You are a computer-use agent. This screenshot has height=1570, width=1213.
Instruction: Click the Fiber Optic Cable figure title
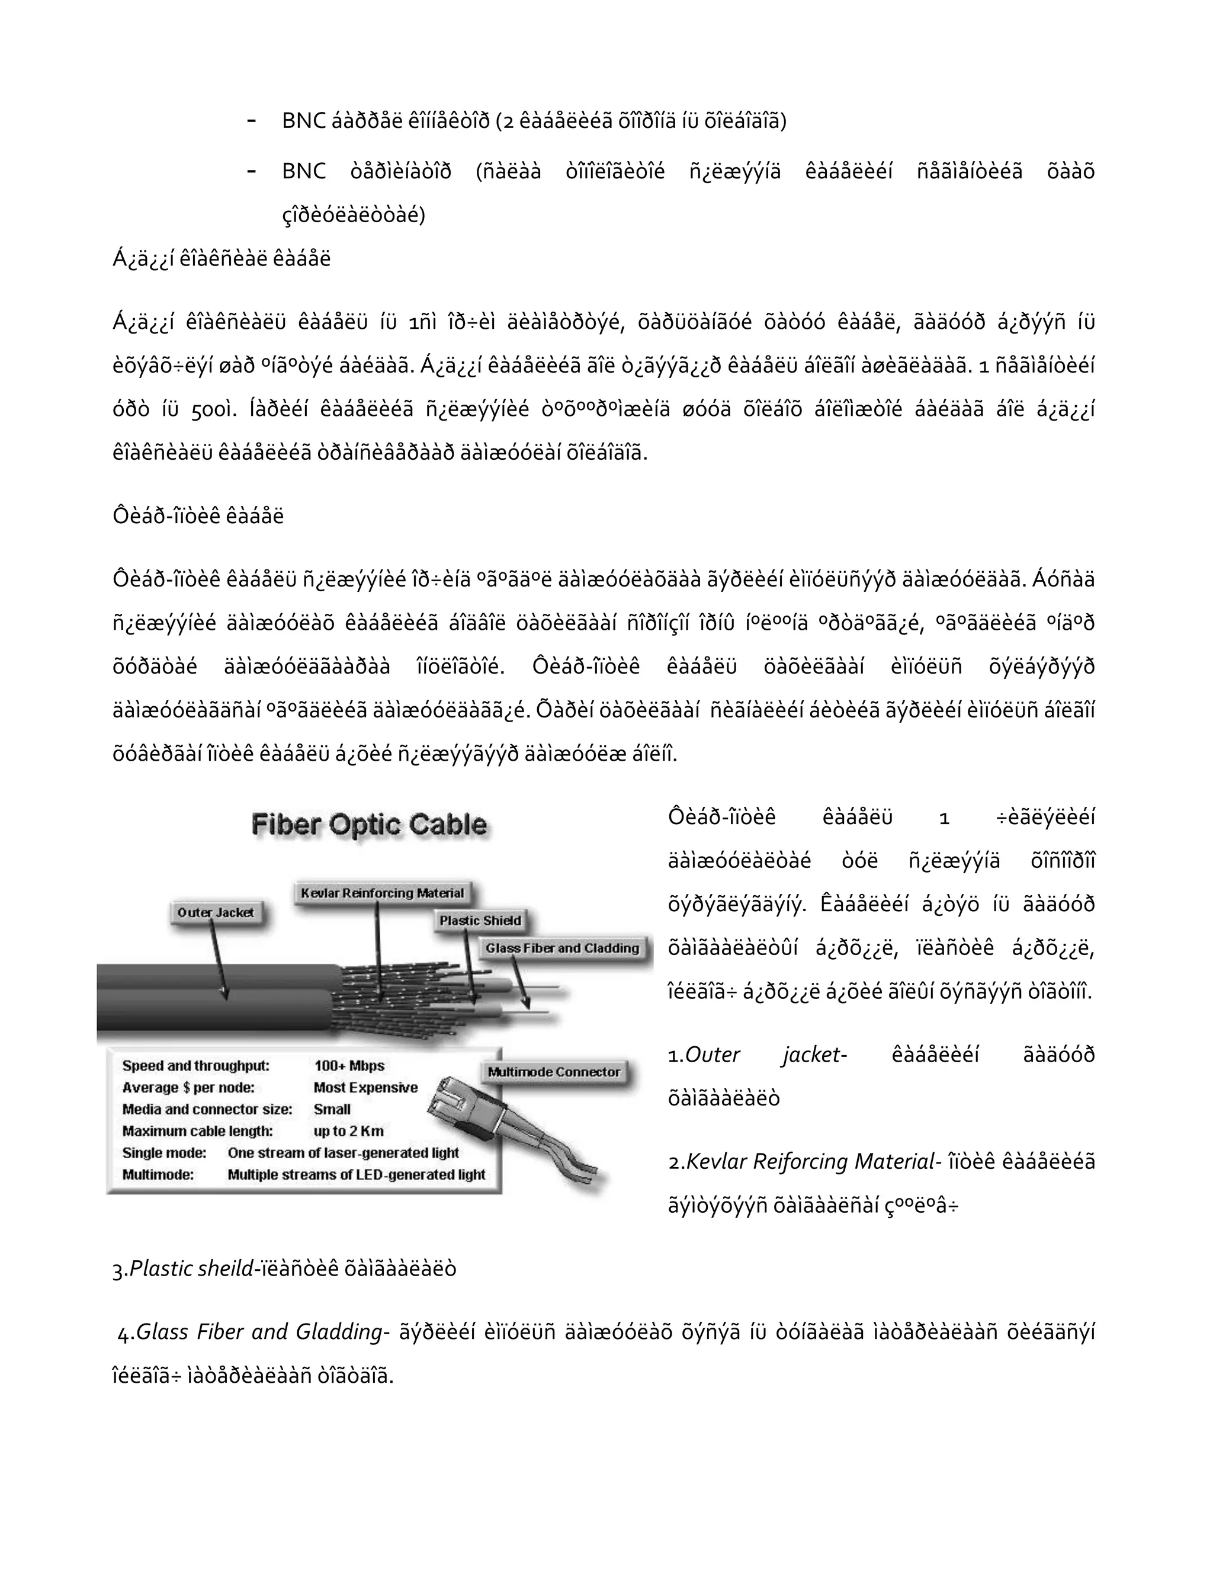(x=368, y=825)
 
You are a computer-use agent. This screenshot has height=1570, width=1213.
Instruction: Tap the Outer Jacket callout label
(x=215, y=912)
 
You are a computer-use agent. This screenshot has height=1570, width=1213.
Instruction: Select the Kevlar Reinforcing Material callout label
(x=382, y=893)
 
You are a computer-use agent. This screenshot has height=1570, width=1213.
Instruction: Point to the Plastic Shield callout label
(x=480, y=920)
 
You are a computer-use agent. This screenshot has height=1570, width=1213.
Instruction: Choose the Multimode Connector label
(x=553, y=1072)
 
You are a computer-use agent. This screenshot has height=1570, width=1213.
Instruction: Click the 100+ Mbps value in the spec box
(x=349, y=1065)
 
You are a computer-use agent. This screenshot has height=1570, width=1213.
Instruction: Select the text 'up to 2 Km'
(x=348, y=1131)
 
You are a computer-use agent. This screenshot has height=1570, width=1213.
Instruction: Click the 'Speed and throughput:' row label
(x=195, y=1065)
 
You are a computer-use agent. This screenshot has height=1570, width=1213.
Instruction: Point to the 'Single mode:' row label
(x=164, y=1152)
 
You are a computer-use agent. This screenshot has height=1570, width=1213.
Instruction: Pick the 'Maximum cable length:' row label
(x=198, y=1131)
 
